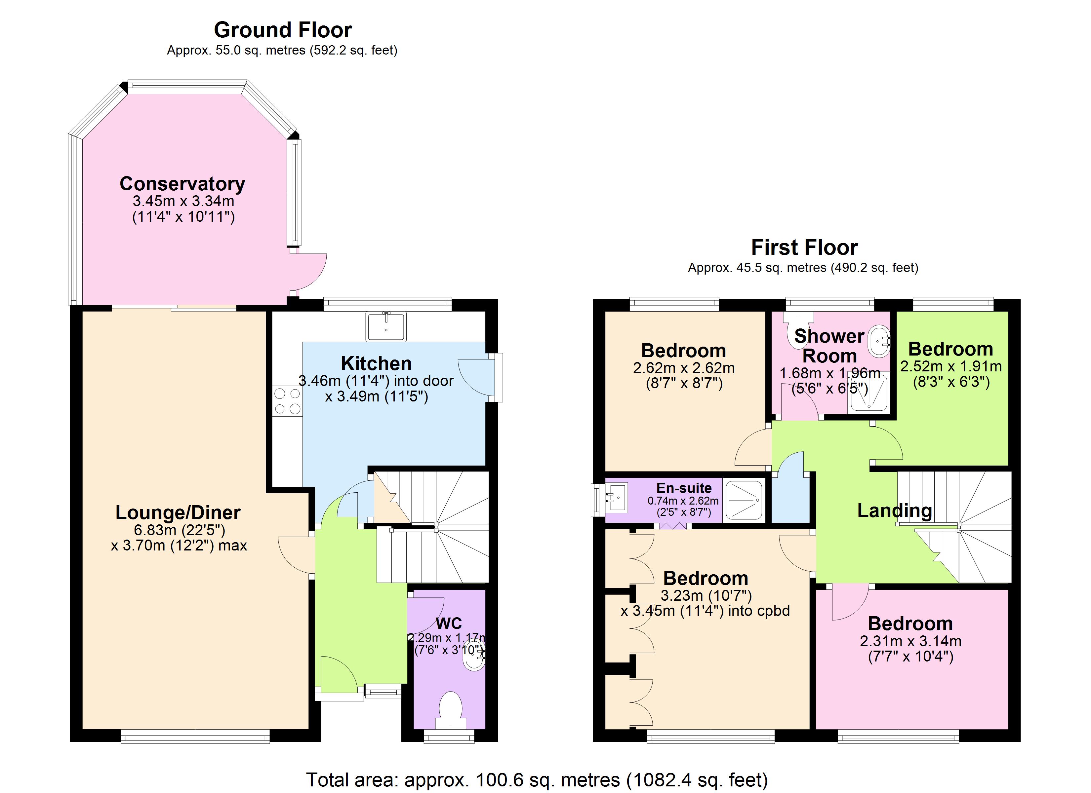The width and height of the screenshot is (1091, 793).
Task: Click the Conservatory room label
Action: tap(182, 184)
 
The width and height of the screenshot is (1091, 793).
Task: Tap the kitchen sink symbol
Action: tap(386, 326)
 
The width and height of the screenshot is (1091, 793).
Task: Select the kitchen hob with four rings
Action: tap(287, 401)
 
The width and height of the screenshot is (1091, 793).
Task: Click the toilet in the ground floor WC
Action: tap(451, 709)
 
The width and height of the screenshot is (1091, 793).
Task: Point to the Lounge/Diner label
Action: tap(178, 512)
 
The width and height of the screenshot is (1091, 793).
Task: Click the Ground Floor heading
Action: tap(283, 30)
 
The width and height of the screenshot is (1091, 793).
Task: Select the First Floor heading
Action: tap(804, 247)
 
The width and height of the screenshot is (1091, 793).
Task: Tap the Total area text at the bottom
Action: tap(537, 779)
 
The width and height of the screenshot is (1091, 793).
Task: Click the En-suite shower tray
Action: tap(744, 500)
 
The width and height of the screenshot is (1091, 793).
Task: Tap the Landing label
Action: tap(894, 510)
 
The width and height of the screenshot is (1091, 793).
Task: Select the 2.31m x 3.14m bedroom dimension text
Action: tap(910, 641)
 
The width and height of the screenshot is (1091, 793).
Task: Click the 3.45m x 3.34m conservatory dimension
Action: tap(183, 201)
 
